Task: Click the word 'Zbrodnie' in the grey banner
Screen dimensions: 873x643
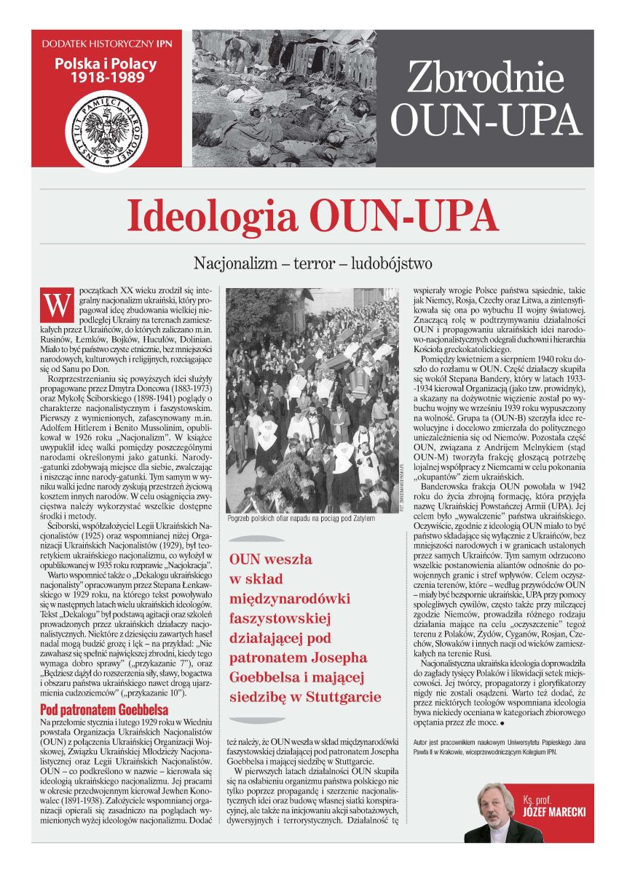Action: point(486,78)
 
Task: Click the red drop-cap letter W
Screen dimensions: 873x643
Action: point(57,304)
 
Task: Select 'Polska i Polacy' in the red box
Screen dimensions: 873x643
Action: point(105,64)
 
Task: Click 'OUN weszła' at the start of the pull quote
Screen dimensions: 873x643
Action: point(270,559)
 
